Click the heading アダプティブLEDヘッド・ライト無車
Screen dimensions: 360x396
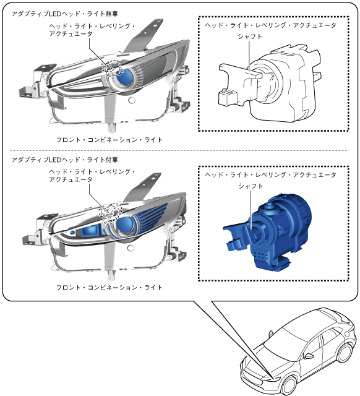(x=64, y=14)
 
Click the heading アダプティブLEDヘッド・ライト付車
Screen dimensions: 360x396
(x=64, y=160)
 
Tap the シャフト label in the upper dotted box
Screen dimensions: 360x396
(x=250, y=37)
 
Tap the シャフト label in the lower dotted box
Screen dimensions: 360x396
(x=251, y=186)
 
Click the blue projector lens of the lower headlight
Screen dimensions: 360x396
(x=125, y=225)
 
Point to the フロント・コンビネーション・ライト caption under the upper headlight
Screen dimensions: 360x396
(x=109, y=140)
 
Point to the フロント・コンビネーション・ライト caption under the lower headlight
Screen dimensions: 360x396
(x=109, y=287)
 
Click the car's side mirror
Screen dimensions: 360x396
(x=309, y=356)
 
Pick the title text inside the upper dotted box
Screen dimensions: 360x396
(x=270, y=25)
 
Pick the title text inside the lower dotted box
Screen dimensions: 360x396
(x=270, y=174)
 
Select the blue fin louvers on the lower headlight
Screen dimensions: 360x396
(x=152, y=217)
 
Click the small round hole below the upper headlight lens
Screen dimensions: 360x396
(x=132, y=100)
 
